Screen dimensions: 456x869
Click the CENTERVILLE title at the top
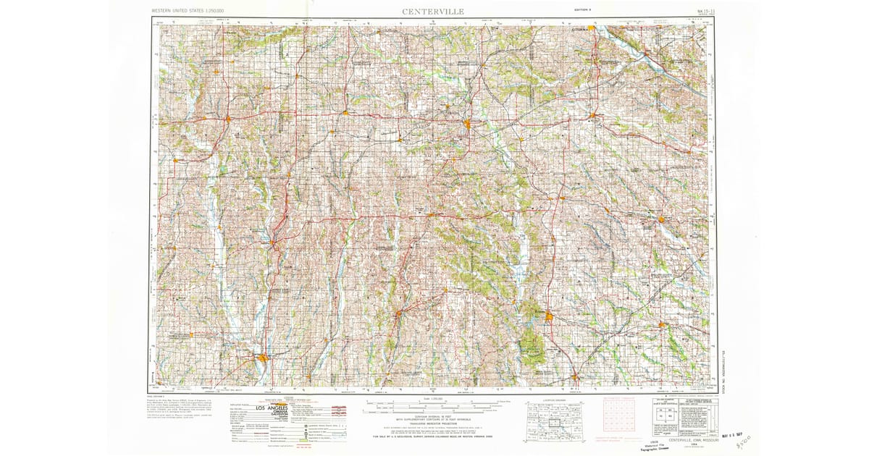(434, 12)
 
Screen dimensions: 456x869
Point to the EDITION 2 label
(582, 10)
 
